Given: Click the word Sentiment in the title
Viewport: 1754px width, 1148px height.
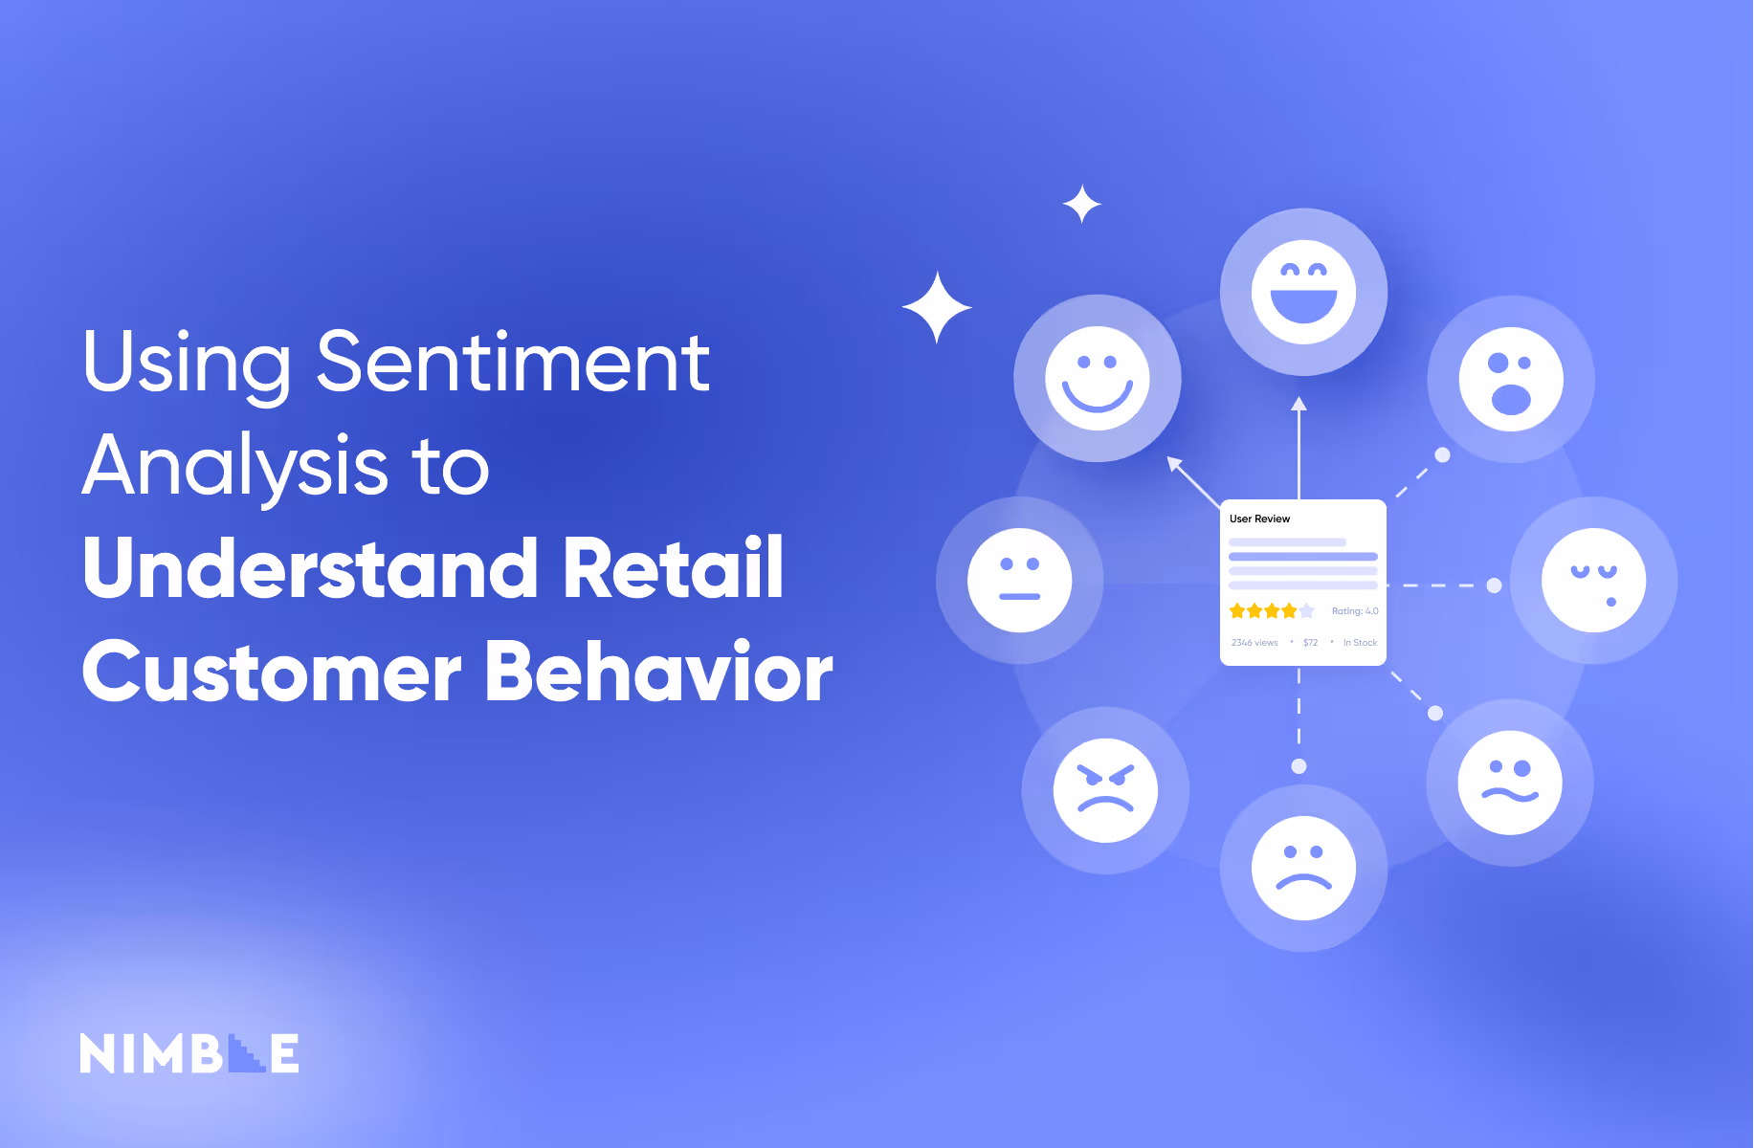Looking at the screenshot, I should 513,363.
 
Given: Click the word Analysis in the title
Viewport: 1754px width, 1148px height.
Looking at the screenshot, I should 234,466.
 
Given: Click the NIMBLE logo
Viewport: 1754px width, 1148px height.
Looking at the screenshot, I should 189,1053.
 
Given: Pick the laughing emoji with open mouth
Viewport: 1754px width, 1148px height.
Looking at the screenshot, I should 1303,292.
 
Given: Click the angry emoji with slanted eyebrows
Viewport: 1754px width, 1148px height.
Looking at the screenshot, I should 1105,790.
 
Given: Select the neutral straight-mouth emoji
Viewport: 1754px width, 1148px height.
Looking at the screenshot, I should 1019,580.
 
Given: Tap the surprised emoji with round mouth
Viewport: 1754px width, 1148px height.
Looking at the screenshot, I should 1510,379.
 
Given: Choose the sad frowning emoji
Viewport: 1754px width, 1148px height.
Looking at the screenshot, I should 1303,868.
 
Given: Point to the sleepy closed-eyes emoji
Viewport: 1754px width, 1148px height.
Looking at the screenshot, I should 1593,580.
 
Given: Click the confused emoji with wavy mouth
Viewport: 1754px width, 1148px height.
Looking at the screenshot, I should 1509,783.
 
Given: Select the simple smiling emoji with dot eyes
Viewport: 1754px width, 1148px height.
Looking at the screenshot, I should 1097,378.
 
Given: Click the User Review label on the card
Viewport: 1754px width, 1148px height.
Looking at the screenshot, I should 1259,519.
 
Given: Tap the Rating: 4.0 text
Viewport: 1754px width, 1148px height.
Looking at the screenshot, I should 1355,611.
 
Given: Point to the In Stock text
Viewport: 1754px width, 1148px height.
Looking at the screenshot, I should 1360,643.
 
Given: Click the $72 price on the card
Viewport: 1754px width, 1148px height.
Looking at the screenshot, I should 1310,643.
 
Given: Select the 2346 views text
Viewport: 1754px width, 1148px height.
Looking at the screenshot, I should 1254,643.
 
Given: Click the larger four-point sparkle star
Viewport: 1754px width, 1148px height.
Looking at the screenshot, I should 937,307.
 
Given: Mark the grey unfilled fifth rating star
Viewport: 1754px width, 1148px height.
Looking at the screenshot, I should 1307,611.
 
